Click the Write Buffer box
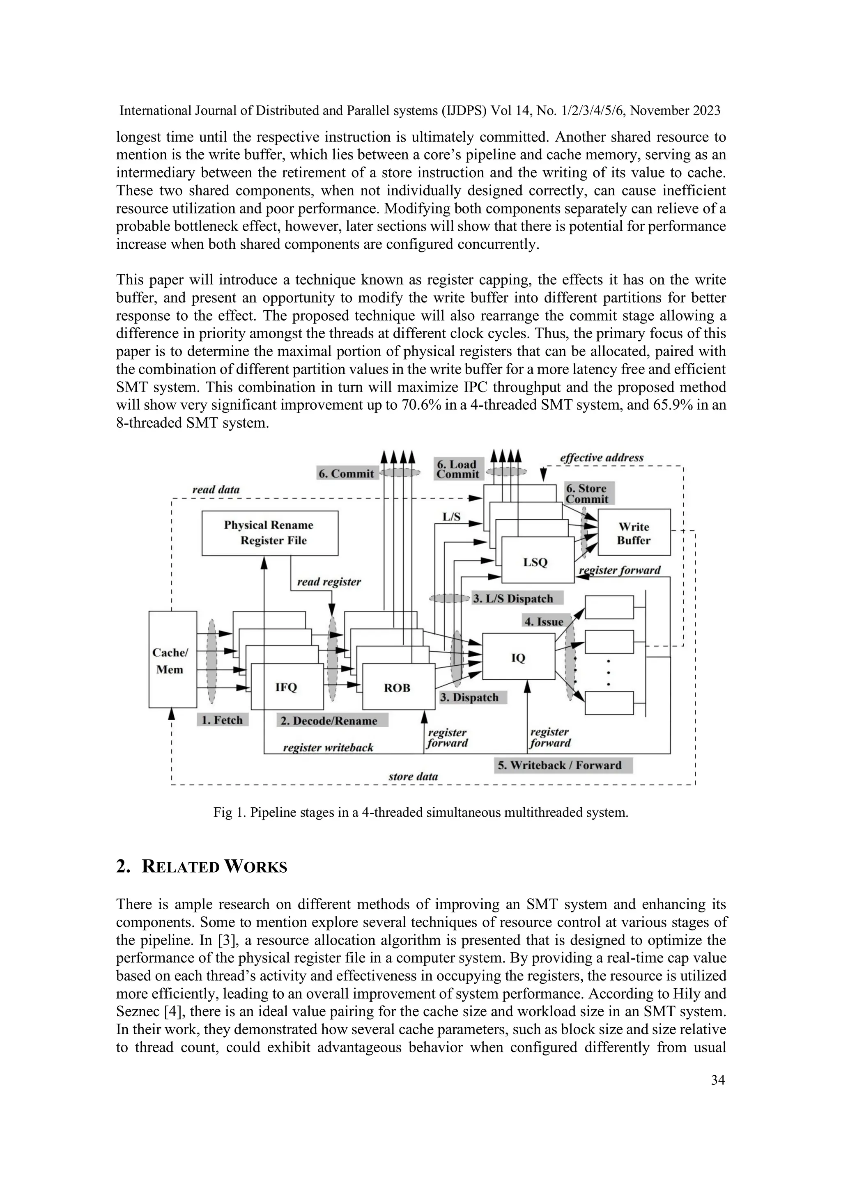point(634,533)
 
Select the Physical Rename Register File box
point(269,533)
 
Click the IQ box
point(518,658)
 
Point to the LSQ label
point(535,562)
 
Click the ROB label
point(397,688)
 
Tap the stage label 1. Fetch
point(222,720)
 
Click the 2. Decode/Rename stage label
point(332,720)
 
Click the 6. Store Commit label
point(587,493)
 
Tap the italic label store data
point(413,776)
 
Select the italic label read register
point(329,582)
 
